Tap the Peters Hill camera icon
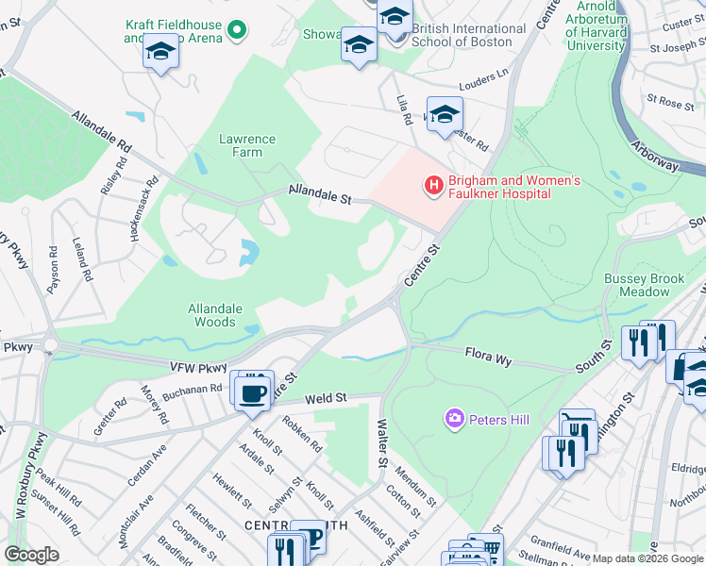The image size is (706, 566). point(455,417)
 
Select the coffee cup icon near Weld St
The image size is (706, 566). point(252,391)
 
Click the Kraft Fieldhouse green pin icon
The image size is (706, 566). point(238,31)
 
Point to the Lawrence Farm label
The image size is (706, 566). point(247,145)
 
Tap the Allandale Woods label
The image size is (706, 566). point(215,315)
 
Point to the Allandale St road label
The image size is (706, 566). point(320,195)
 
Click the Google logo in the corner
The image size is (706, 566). point(31,555)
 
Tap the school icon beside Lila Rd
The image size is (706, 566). point(444,115)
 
